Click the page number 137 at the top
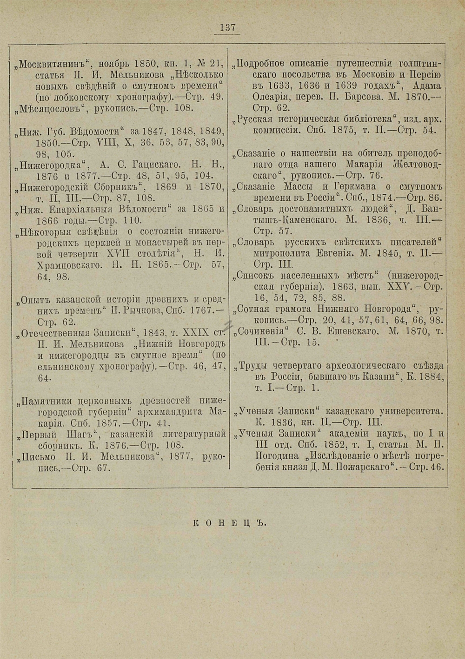tap(227, 28)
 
